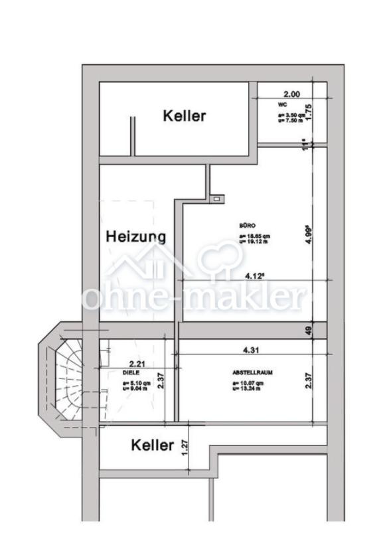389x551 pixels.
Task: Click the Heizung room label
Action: tap(135, 236)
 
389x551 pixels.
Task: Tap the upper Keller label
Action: tap(184, 116)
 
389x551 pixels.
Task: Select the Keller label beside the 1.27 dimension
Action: tap(152, 445)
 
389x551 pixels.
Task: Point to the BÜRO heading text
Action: tap(247, 226)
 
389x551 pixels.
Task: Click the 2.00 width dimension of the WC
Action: tap(292, 94)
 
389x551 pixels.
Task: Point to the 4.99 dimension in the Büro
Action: tap(309, 235)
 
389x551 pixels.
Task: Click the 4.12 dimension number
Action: tap(255, 274)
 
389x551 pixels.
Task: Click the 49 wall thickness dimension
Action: tap(309, 330)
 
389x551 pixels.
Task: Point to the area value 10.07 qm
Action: tap(248, 384)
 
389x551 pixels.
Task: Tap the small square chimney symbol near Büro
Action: tap(216, 198)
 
